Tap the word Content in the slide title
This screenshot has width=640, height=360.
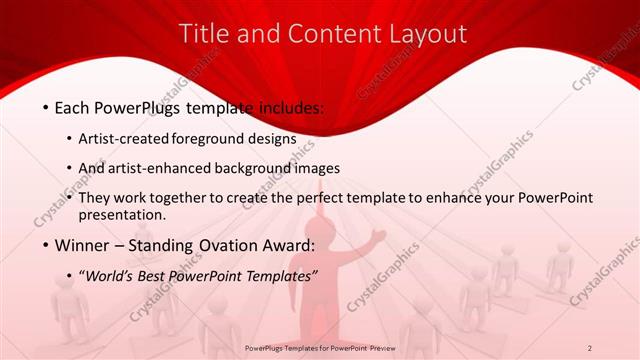pyautogui.click(x=323, y=33)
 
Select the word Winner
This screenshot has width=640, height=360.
pyautogui.click(x=87, y=246)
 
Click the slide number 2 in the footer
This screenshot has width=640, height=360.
pyautogui.click(x=590, y=348)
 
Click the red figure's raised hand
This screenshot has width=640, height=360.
pyautogui.click(x=379, y=236)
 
